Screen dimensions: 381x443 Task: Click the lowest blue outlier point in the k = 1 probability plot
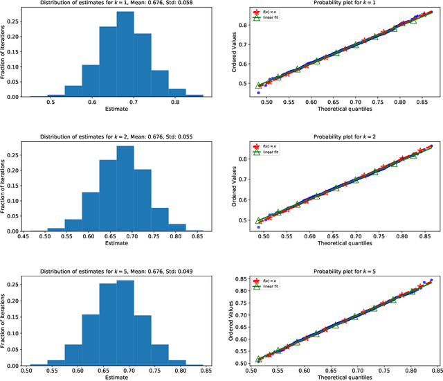259,92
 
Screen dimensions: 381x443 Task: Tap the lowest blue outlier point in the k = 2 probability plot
259,227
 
